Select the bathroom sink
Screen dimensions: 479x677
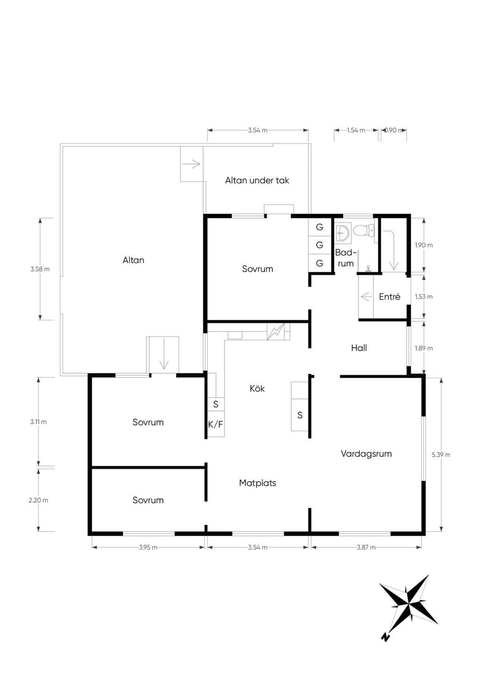[342, 232]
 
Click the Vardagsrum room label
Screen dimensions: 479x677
[366, 454]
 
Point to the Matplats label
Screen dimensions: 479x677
[257, 483]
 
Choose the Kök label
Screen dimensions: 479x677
[257, 389]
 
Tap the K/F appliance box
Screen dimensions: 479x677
[216, 424]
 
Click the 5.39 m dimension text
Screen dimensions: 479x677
[441, 454]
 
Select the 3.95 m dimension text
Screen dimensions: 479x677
[148, 547]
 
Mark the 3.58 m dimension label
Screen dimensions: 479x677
[40, 269]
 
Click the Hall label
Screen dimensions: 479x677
[359, 348]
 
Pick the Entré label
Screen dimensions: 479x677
[390, 296]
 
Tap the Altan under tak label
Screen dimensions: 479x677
[257, 180]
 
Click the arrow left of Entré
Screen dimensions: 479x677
[366, 296]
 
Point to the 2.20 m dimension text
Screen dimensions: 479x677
[38, 500]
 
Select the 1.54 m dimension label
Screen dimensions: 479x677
[356, 130]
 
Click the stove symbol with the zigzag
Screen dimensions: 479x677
[276, 331]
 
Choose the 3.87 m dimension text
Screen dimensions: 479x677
[366, 547]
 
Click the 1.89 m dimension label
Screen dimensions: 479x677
[424, 348]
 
